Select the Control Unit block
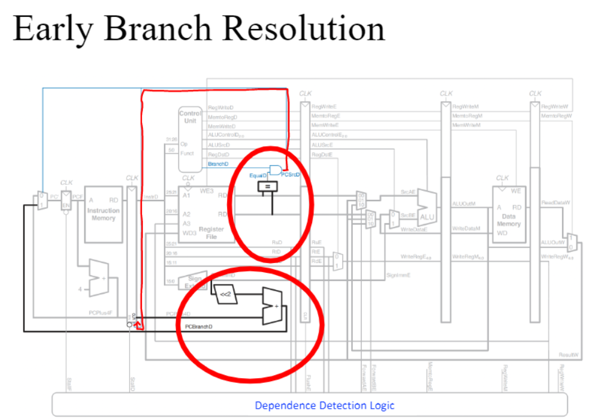pos(190,139)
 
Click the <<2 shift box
pos(225,294)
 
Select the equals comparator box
pos(266,188)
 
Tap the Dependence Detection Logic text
pos(325,405)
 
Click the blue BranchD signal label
pos(217,164)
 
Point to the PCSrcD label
pos(291,175)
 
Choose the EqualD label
pos(258,175)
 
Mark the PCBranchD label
pos(198,326)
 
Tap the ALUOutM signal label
pos(464,203)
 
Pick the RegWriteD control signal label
pos(220,107)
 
